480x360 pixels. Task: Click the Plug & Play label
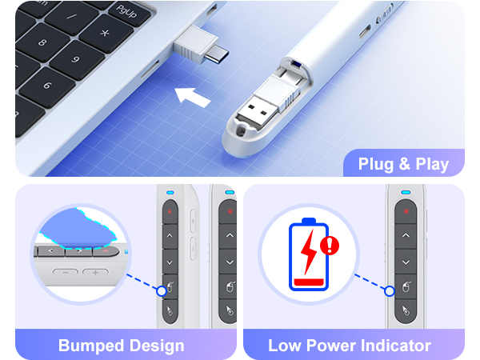[x=403, y=164]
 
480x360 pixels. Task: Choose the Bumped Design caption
[x=122, y=346]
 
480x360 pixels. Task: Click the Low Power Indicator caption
[x=350, y=346]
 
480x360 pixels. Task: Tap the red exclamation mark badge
[x=329, y=245]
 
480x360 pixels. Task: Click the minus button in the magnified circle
[x=66, y=273]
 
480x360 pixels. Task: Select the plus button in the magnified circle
[x=96, y=273]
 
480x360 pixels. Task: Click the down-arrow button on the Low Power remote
[x=406, y=262]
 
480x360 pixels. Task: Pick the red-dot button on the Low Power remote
[x=406, y=212]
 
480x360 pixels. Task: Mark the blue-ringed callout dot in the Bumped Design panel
[x=163, y=290]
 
